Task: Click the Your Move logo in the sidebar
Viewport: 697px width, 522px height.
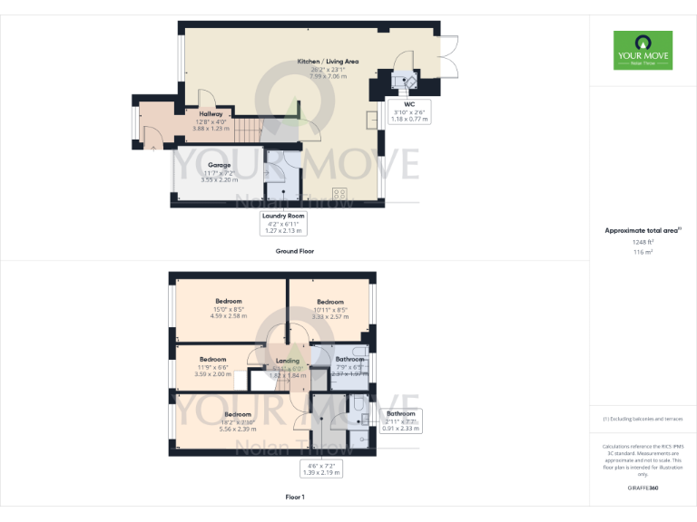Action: coord(643,51)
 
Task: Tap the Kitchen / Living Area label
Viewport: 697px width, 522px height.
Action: coord(329,62)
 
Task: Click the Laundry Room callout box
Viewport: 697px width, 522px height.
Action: coord(283,223)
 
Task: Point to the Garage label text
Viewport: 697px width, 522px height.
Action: coord(219,165)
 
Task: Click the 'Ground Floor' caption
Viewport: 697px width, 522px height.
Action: coord(294,251)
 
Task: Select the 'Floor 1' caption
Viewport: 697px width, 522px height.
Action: coord(294,498)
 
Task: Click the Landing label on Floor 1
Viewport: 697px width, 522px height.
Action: coord(288,360)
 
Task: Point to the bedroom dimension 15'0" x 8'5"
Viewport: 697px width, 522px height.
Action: coord(229,309)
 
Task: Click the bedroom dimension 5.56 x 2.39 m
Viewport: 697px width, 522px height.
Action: coord(237,430)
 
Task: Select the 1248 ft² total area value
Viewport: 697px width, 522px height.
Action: coord(643,242)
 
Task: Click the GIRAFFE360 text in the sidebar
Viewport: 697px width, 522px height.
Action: coord(643,488)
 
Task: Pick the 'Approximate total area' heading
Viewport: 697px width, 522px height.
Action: coord(643,231)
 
